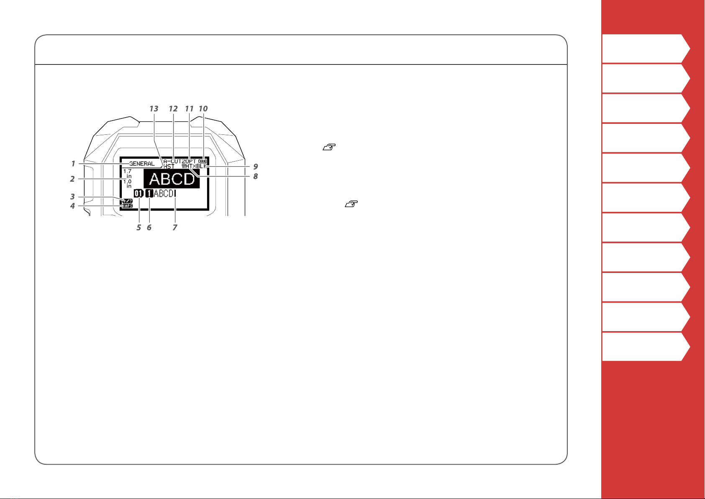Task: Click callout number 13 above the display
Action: pos(154,109)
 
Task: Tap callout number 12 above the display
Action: pos(173,109)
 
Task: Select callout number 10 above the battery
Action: pos(203,109)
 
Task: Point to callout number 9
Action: pos(255,167)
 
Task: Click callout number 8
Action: pos(255,177)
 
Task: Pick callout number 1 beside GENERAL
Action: pos(73,164)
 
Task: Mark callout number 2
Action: pos(72,179)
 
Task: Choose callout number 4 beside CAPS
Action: pos(72,206)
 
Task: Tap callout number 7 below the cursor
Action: pos(175,228)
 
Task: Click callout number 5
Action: pos(138,228)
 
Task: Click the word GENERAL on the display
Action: pos(142,164)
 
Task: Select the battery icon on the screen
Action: pos(203,161)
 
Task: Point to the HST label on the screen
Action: pos(169,167)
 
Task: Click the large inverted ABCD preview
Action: pos(172,179)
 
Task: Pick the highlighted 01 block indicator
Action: pos(138,193)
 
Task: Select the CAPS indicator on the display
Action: pos(127,206)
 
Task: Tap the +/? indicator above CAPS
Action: pos(127,201)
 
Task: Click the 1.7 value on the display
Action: pos(127,171)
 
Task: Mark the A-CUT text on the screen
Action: pos(172,161)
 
